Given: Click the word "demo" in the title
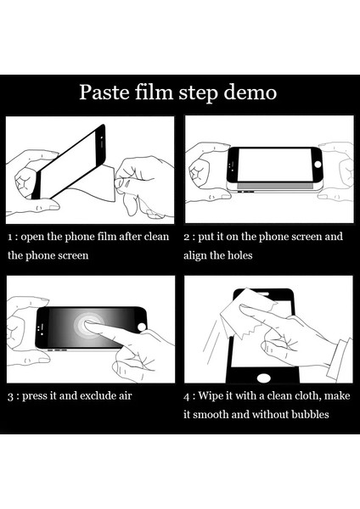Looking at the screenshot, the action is coord(250,92).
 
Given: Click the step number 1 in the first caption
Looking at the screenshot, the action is coord(10,238).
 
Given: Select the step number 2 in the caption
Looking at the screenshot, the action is coord(187,238).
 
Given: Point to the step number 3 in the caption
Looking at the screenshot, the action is coord(11,397).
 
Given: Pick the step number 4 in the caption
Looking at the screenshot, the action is coord(187,397).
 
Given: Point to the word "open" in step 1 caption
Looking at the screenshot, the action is coord(32,238).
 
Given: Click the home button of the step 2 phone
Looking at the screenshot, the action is coord(318,165).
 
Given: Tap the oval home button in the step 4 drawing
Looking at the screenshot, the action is coord(264,378).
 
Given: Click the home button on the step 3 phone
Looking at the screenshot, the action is coord(142,327).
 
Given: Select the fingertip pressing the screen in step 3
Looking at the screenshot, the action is coord(88,324).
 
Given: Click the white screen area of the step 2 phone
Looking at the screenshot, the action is coord(274,165).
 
